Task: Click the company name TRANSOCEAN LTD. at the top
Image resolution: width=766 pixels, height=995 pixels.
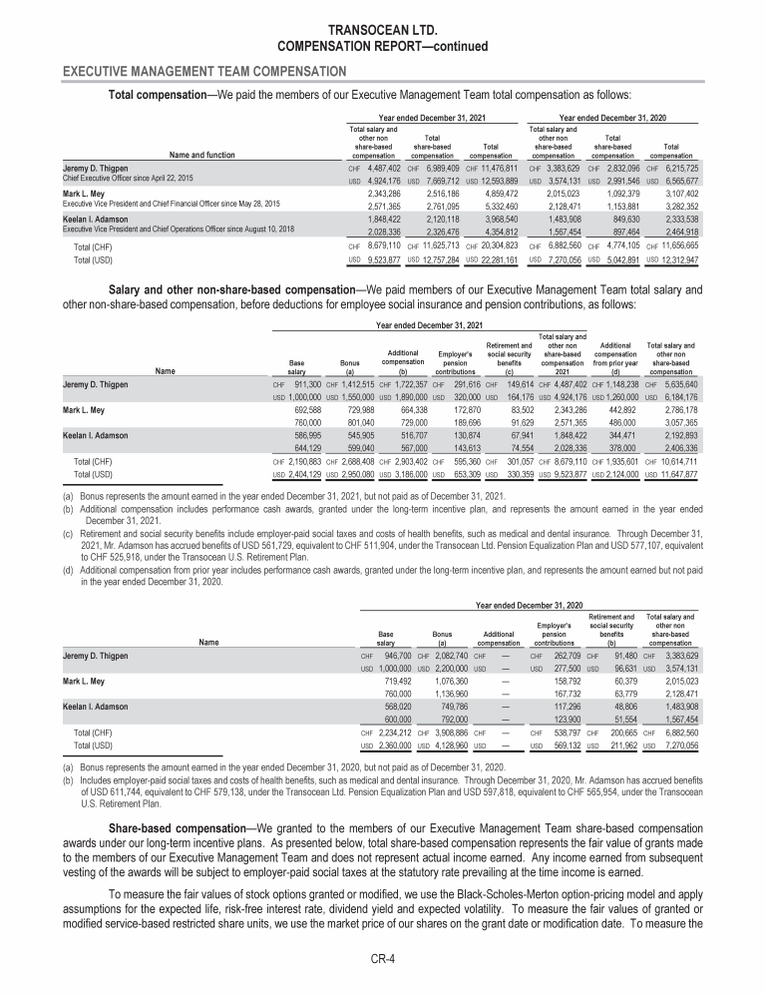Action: click(383, 30)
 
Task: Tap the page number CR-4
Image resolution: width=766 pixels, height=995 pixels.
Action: click(383, 960)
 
